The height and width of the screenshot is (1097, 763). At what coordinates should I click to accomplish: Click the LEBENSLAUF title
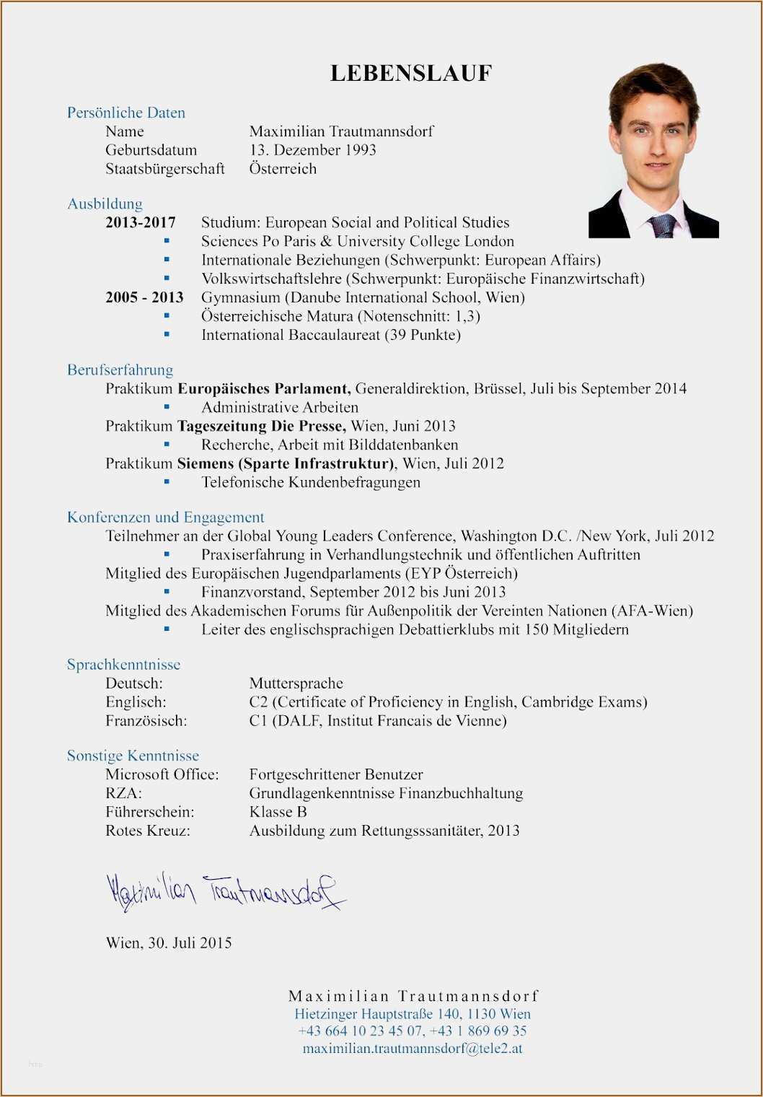click(x=411, y=73)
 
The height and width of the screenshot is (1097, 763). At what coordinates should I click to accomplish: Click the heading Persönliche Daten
click(x=126, y=113)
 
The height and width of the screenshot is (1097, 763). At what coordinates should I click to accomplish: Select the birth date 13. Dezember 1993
click(x=312, y=150)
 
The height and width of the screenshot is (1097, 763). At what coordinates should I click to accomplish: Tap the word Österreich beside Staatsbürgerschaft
click(x=283, y=169)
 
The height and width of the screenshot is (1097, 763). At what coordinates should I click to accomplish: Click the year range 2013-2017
click(x=141, y=222)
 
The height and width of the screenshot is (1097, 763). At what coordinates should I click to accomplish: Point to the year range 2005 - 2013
click(x=144, y=297)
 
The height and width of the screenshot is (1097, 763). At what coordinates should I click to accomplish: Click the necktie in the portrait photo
click(x=663, y=226)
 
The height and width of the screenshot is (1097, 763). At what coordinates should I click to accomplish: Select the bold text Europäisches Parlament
click(x=264, y=388)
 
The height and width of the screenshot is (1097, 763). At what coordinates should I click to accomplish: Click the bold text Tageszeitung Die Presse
click(x=261, y=426)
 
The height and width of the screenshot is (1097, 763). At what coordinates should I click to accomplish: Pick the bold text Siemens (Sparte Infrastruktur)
click(x=286, y=463)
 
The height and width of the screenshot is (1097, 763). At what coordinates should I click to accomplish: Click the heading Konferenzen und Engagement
click(x=166, y=517)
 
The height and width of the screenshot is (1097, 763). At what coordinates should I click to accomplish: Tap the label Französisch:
click(x=146, y=720)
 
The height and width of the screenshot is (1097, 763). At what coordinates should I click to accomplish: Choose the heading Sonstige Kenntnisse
click(x=133, y=756)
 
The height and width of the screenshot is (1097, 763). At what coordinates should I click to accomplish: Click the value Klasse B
click(x=278, y=812)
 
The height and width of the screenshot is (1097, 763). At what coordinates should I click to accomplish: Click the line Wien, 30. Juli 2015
click(x=169, y=943)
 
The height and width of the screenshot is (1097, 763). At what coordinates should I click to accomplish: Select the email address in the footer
click(x=413, y=1048)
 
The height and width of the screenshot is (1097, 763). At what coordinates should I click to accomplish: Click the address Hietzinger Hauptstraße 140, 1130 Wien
click(x=413, y=1013)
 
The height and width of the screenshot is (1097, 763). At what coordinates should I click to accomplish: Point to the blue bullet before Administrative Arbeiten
click(x=167, y=407)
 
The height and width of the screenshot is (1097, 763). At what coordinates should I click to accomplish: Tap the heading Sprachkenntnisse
click(x=124, y=664)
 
